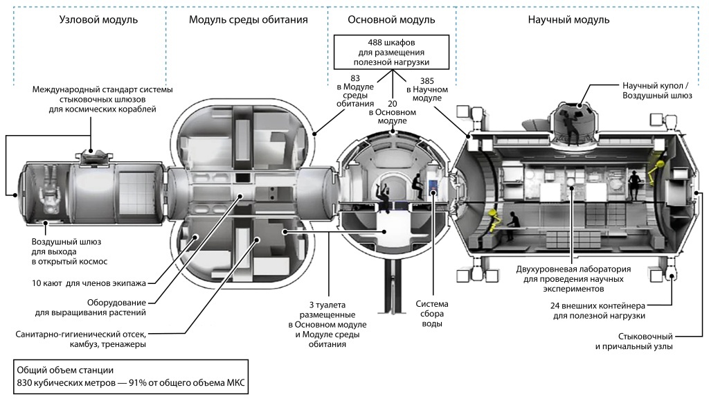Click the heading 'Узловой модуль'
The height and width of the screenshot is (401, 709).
click(x=98, y=20)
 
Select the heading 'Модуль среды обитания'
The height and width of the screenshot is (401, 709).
click(x=248, y=20)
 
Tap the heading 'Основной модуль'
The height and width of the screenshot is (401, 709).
click(x=391, y=20)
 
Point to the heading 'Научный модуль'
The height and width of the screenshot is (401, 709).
click(x=568, y=20)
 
